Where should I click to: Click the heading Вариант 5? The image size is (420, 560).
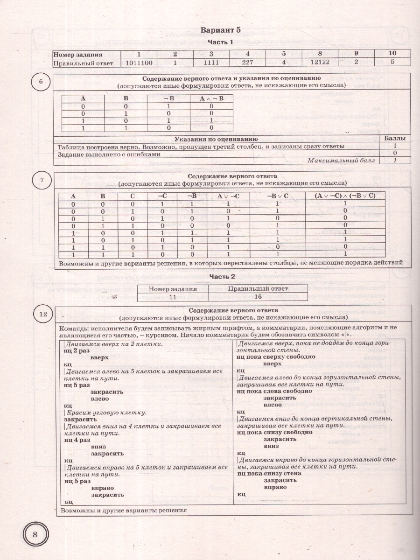pyautogui.click(x=220, y=30)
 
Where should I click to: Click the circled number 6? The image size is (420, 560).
pyautogui.click(x=41, y=82)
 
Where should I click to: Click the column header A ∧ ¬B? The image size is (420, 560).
pyautogui.click(x=211, y=98)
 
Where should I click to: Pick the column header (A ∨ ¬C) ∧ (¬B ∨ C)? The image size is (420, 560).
pyautogui.click(x=345, y=196)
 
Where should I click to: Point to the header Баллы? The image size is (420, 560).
pyautogui.click(x=394, y=139)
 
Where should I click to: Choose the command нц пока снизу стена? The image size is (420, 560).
pyautogui.click(x=269, y=473)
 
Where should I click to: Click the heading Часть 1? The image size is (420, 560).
pyautogui.click(x=220, y=43)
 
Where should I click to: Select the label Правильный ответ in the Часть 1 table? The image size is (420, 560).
pyautogui.click(x=83, y=63)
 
